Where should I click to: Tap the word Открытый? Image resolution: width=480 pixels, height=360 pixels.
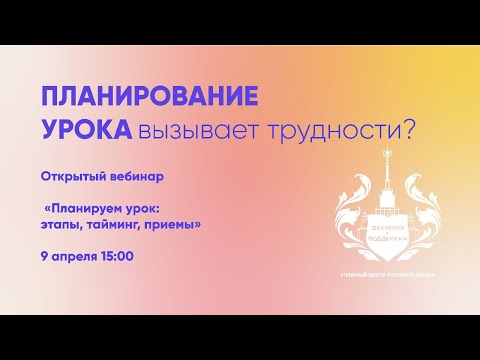(73, 175)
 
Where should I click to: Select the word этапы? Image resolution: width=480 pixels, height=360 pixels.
(63, 225)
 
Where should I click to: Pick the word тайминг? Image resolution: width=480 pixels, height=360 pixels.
(122, 226)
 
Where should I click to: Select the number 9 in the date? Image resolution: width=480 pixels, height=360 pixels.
(44, 257)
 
